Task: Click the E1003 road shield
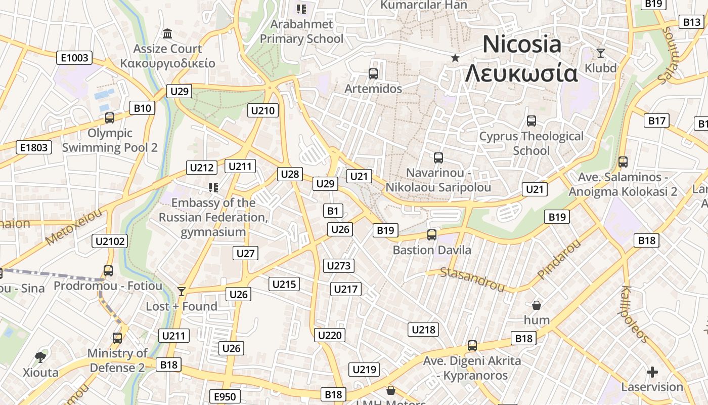[x=74, y=58]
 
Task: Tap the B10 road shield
[x=143, y=108]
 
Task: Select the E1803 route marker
[x=34, y=147]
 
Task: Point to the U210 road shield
[x=263, y=110]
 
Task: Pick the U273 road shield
[x=339, y=266]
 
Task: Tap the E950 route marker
[x=225, y=396]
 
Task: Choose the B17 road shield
[x=656, y=120]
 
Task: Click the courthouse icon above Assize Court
[x=167, y=34]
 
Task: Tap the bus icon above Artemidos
[x=373, y=74]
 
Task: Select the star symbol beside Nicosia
[x=455, y=58]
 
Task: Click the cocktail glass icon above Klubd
[x=600, y=53]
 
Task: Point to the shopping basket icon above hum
[x=537, y=305]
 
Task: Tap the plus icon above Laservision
[x=652, y=372]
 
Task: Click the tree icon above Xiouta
[x=40, y=357]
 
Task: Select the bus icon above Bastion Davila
[x=431, y=235]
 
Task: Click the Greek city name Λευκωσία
[x=521, y=73]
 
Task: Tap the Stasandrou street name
[x=472, y=280]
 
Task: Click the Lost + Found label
[x=182, y=306]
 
